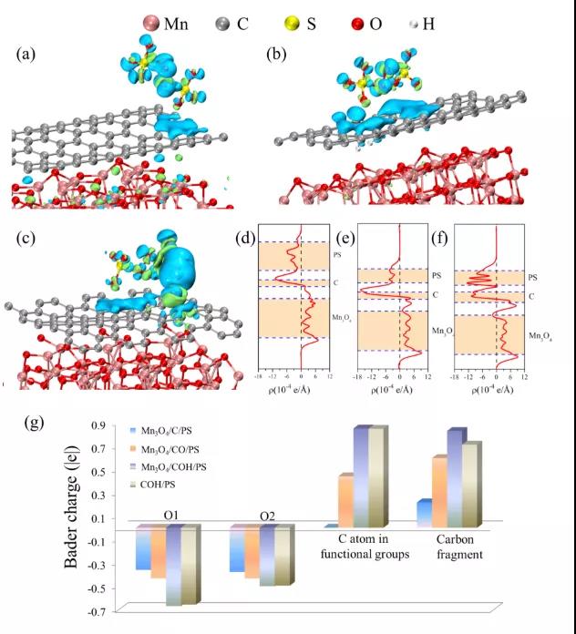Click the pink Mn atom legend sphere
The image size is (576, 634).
[150, 22]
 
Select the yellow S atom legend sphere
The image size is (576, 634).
[319, 22]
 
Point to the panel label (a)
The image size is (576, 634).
[26, 55]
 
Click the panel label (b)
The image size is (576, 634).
[276, 55]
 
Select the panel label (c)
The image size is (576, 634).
[26, 237]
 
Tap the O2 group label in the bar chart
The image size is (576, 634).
[266, 517]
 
